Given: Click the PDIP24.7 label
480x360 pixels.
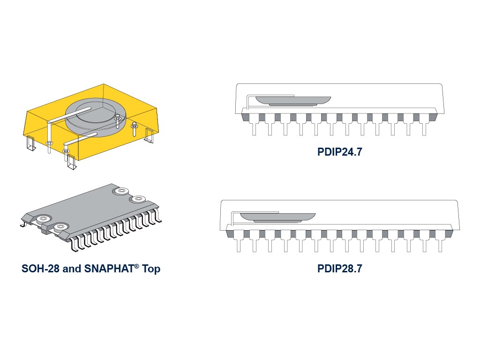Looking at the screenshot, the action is click(x=339, y=152).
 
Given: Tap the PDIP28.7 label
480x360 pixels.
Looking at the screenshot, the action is click(x=339, y=269).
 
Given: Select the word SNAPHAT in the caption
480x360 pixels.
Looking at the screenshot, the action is click(x=109, y=269).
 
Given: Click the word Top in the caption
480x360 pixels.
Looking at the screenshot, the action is click(x=151, y=269).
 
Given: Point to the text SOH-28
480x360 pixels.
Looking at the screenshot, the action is click(x=40, y=269).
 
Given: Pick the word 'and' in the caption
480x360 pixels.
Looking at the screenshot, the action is click(x=72, y=269).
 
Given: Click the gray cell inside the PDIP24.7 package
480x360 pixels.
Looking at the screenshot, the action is click(x=293, y=101).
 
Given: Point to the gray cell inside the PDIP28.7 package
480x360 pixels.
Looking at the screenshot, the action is click(x=277, y=217).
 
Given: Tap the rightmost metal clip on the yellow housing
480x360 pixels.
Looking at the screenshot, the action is click(x=149, y=135).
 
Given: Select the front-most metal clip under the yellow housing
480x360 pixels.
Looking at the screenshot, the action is click(x=71, y=162).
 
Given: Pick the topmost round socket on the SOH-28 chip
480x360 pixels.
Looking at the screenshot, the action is click(x=121, y=191).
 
